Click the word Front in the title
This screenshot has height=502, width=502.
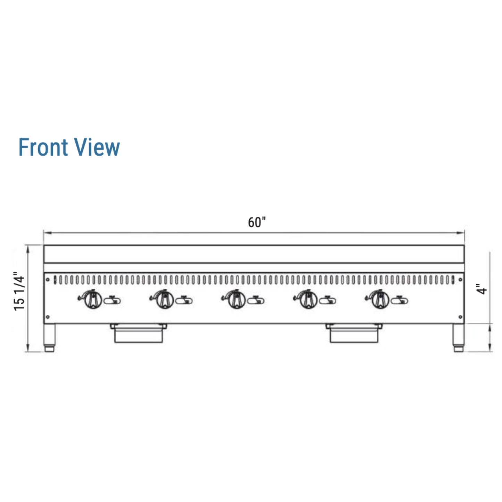tap(43, 147)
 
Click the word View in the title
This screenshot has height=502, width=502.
tap(97, 147)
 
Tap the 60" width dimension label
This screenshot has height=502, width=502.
tap(257, 222)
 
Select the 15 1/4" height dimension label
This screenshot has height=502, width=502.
tap(19, 291)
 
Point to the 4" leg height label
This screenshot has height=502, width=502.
tap(482, 289)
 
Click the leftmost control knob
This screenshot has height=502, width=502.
tap(93, 300)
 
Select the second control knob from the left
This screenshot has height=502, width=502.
tap(165, 300)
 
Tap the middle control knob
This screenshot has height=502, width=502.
tap(237, 300)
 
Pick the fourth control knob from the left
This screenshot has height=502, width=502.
tap(309, 300)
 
